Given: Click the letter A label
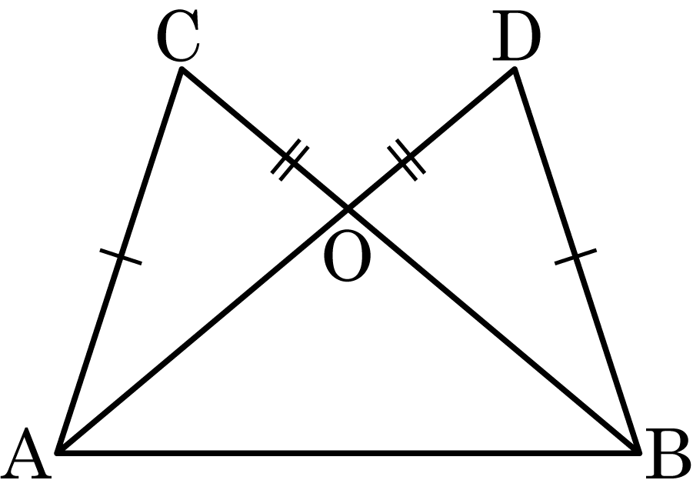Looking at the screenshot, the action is (26, 453).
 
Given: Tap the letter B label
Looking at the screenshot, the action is (668, 453).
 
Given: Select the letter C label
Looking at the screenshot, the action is (178, 35).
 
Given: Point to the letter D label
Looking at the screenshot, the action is (516, 35).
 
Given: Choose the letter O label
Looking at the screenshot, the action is (347, 256).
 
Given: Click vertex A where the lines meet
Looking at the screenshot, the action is (58, 452).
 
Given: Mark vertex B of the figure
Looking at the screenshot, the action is (639, 452).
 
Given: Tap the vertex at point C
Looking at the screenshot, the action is (182, 68).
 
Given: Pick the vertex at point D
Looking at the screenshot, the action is (514, 68).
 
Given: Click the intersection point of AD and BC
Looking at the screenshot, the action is (348, 208).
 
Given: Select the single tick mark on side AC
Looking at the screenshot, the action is (121, 257).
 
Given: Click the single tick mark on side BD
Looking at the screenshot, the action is (575, 257).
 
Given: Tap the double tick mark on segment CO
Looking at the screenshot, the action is (290, 159).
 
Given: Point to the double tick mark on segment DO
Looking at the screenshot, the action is (407, 159).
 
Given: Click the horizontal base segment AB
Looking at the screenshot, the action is (348, 453).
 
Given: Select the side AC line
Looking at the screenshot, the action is (119, 261).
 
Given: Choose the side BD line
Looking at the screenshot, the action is (577, 261).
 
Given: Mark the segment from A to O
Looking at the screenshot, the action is (202, 331).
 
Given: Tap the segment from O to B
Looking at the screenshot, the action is (494, 331).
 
